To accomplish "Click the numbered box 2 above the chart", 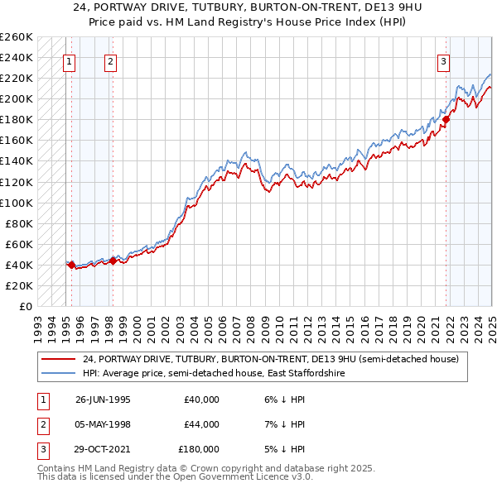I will pyautogui.click(x=110, y=60).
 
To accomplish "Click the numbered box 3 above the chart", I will pyautogui.click(x=443, y=60).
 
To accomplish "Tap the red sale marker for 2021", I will pyautogui.click(x=446, y=120).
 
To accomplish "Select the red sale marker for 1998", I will pyautogui.click(x=113, y=261).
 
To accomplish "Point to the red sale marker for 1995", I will pyautogui.click(x=72, y=265).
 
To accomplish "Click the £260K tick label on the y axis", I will pyautogui.click(x=16, y=37).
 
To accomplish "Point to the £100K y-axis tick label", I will pyautogui.click(x=16, y=203).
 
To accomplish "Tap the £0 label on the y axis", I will pyautogui.click(x=24, y=306).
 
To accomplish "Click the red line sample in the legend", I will pyautogui.click(x=58, y=359).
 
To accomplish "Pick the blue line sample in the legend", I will pyautogui.click(x=58, y=374).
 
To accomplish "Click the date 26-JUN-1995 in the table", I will pyautogui.click(x=103, y=399).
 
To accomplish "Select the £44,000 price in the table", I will pyautogui.click(x=201, y=424).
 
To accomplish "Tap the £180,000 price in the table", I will pyautogui.click(x=199, y=449).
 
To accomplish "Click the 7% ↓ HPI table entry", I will pyautogui.click(x=287, y=424).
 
